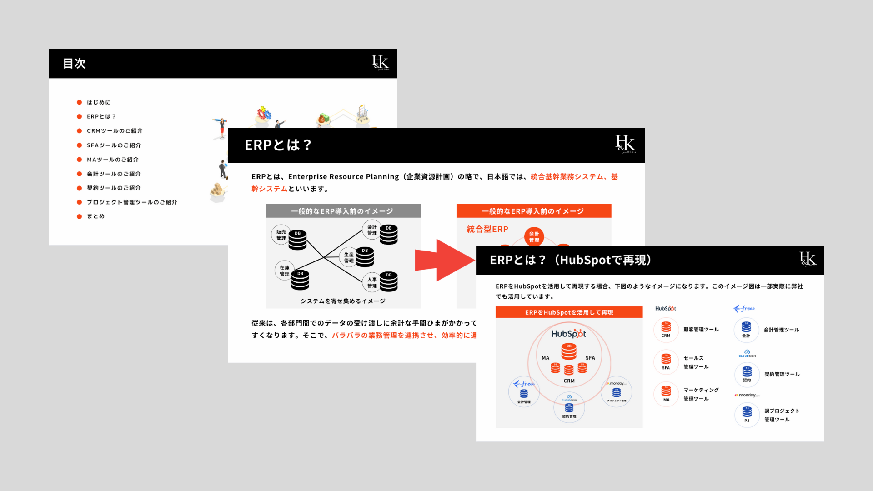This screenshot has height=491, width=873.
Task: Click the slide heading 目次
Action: coord(74,64)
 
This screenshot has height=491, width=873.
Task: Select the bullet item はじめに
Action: coord(98,102)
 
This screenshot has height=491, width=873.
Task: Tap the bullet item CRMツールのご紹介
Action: coord(115,131)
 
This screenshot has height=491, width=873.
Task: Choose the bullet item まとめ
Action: coord(95,216)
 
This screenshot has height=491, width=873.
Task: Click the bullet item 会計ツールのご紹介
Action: coord(114,174)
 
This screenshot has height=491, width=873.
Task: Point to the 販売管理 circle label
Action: coord(281,235)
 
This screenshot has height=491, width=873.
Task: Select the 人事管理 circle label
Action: coord(372,283)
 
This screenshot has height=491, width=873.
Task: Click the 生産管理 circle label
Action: coord(349,257)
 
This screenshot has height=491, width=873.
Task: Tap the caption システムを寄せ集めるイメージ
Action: coord(343,301)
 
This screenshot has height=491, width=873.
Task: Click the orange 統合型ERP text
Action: coord(487,229)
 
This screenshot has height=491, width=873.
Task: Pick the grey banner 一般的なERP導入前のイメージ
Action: coord(342,211)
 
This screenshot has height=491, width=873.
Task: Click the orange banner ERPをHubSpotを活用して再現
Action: coord(569,312)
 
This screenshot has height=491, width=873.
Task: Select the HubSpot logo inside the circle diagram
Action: coord(568,334)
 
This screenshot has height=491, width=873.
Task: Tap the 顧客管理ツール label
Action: coord(701,330)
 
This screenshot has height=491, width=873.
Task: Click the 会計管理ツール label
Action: coord(781,330)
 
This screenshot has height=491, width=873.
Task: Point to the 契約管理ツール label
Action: coord(782,374)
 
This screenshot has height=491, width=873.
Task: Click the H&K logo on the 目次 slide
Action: coord(381,63)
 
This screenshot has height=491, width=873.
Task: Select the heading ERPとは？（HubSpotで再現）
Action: coord(571,260)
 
